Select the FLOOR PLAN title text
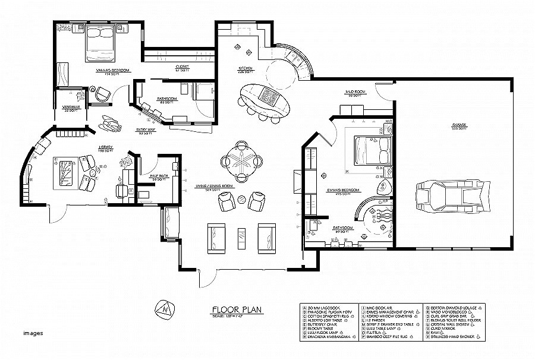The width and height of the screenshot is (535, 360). pos(238,309)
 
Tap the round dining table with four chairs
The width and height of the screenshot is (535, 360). pos(241,160)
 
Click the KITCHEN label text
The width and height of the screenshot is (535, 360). pos(246,68)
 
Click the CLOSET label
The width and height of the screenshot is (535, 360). pos(174,67)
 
